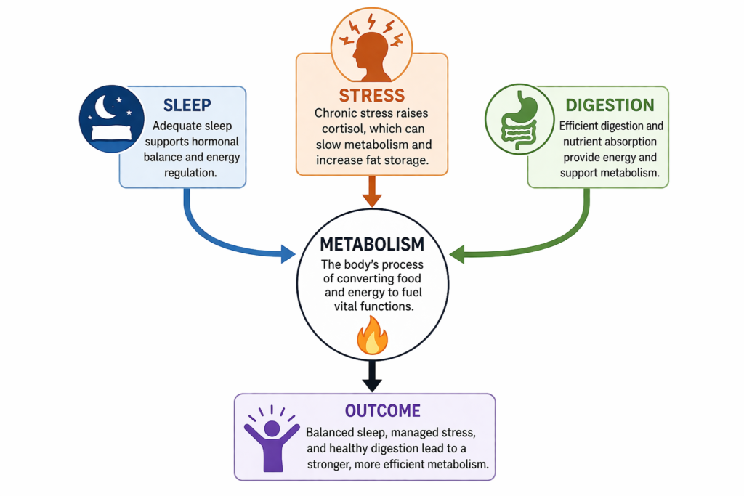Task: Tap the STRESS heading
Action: point(371,95)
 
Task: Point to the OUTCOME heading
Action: point(383,410)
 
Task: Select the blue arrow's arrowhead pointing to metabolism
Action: point(288,254)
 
